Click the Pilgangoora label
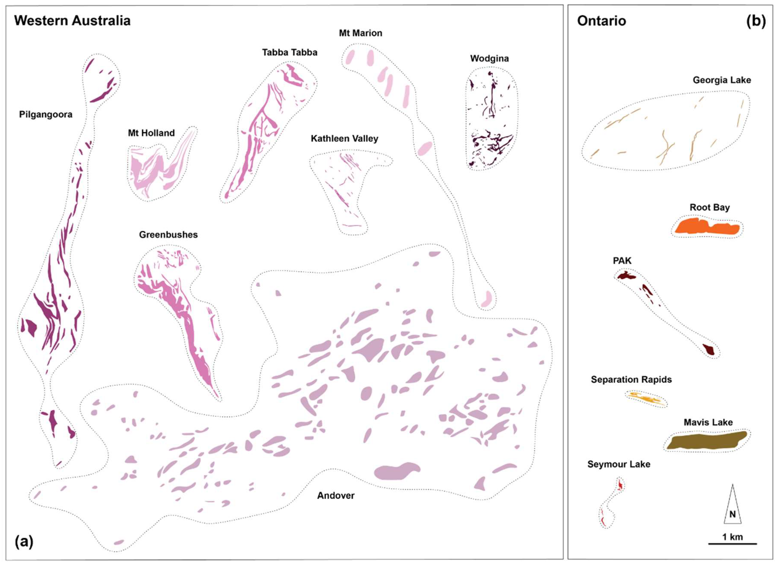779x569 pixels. tap(46, 115)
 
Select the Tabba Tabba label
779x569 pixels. tap(290, 53)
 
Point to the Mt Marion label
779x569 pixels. tap(361, 34)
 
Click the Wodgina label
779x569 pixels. tap(489, 59)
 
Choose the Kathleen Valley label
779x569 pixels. tap(344, 139)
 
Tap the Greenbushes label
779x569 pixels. tap(168, 235)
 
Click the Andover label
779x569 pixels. tap(336, 496)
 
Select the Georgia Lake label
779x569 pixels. tap(722, 80)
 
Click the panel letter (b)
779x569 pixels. tap(756, 21)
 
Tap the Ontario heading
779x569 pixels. tap(601, 21)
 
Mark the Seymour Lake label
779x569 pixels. tap(619, 464)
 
